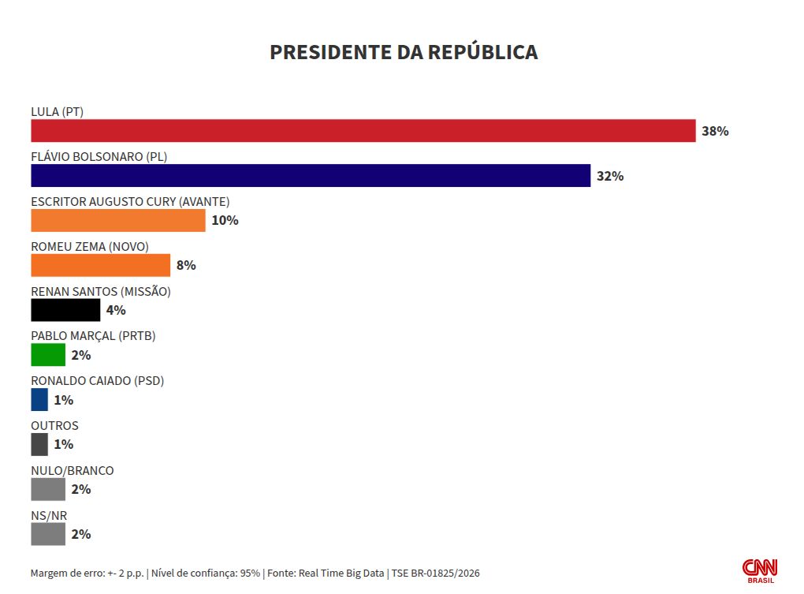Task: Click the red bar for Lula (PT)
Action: point(363,131)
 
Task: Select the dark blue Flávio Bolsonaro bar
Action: point(311,175)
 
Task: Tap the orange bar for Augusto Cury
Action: point(118,221)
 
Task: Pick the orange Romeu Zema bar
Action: point(101,265)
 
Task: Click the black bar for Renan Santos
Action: point(65,310)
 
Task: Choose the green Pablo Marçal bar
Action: point(48,355)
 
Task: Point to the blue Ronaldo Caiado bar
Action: point(39,400)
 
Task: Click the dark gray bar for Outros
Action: point(39,444)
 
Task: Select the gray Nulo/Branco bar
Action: point(48,489)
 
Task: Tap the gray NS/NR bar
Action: point(48,534)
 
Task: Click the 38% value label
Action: point(715,131)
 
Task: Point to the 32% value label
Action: point(610,176)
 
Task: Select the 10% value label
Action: point(225,221)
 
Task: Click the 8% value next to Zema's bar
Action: point(186,265)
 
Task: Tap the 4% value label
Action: point(116,310)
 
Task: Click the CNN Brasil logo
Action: point(760,571)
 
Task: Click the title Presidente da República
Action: point(404,52)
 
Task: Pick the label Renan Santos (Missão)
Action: point(101,291)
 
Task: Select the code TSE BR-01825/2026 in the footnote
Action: point(436,573)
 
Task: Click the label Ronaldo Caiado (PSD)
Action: point(98,380)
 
